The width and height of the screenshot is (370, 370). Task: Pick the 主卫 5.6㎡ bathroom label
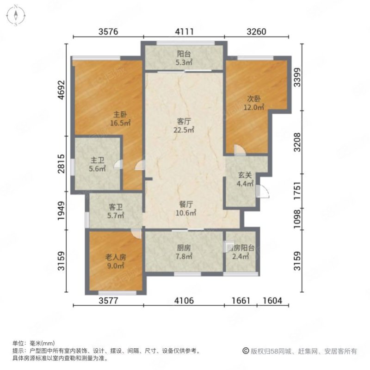(98, 165)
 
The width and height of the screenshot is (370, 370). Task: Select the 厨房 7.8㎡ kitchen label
(184, 252)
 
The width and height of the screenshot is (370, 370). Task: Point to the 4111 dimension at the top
(184, 32)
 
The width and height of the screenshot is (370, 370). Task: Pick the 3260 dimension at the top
(257, 32)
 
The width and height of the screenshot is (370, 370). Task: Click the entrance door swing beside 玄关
(263, 191)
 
